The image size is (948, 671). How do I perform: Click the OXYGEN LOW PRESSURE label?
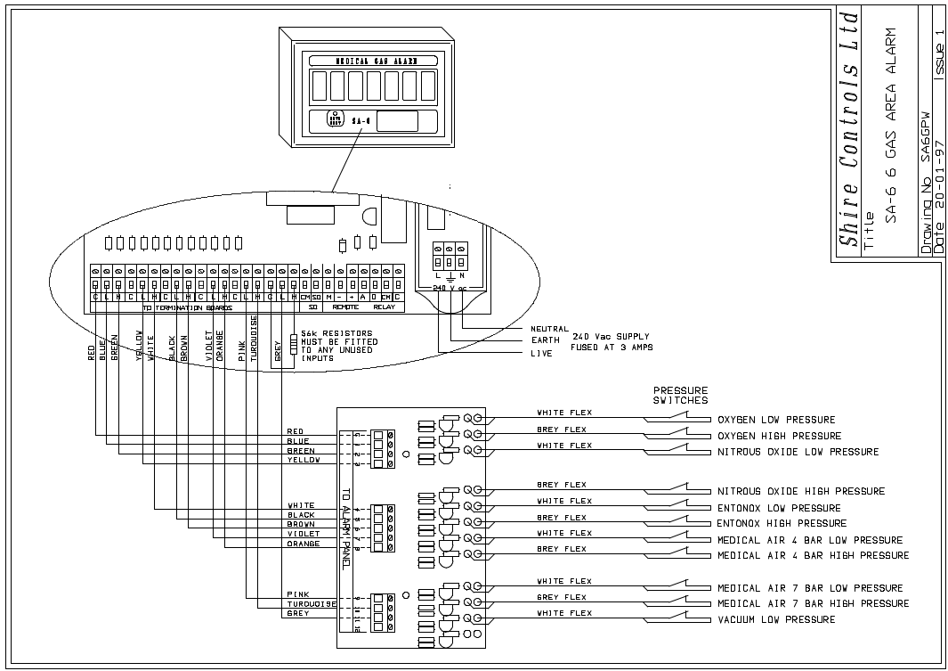coord(776,420)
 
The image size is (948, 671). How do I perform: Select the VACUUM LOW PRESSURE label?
coord(776,619)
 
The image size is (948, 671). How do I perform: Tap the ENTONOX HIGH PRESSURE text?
coord(782,524)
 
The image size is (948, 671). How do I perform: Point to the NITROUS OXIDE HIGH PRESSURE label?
coord(801,491)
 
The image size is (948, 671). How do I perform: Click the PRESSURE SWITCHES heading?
coord(681,395)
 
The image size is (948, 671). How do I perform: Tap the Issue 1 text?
coord(939,53)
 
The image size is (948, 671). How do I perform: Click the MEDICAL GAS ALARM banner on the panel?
coord(373,61)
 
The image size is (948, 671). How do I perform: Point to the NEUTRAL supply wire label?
coord(549,329)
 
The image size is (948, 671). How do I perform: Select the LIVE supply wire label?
coord(540,354)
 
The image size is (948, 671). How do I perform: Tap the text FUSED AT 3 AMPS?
coord(612,348)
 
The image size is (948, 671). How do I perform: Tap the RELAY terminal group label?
coord(384,307)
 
